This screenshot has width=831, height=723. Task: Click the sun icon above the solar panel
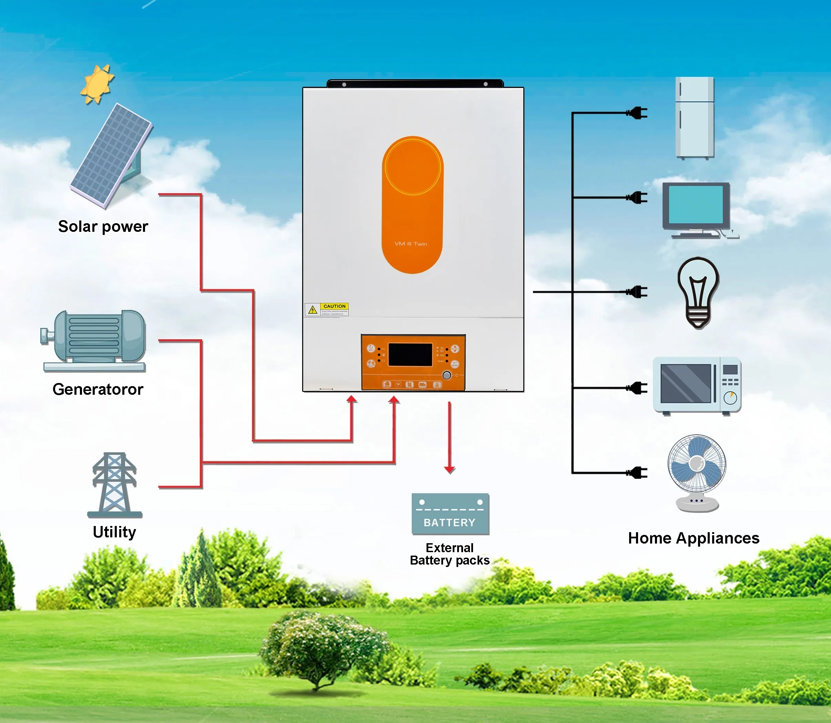(97, 84)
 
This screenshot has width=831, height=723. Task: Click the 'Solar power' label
(103, 226)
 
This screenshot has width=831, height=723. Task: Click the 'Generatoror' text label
(98, 389)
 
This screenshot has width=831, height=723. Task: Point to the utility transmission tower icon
(115, 485)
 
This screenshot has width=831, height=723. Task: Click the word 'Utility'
(114, 532)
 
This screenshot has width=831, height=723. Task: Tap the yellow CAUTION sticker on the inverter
(327, 309)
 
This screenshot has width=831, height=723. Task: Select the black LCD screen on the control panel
(410, 355)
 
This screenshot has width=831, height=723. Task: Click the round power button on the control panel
(447, 375)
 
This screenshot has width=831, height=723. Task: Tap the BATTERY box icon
(450, 514)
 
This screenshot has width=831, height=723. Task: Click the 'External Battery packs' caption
(450, 554)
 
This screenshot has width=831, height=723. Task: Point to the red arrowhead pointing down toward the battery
(450, 469)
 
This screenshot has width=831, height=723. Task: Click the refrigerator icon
(695, 117)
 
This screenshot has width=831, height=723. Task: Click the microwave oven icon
(697, 385)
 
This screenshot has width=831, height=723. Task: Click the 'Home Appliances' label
(694, 538)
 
